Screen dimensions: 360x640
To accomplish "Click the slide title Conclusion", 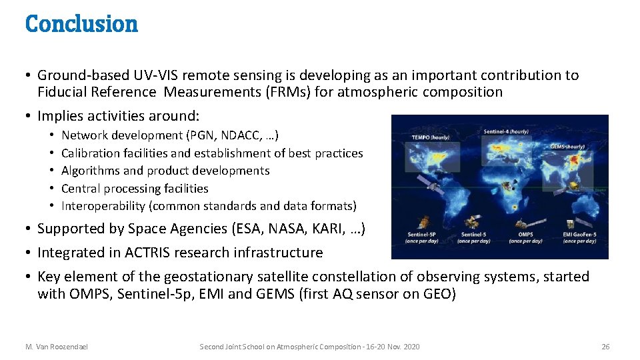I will pyautogui.click(x=81, y=24).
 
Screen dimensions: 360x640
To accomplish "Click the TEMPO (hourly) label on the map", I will pyautogui.click(x=430, y=137).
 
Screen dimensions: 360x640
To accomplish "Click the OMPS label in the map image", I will pyautogui.click(x=526, y=234).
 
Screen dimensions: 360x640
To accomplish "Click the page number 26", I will pyautogui.click(x=605, y=347).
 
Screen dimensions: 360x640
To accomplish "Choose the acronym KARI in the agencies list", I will pyautogui.click(x=321, y=229).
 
